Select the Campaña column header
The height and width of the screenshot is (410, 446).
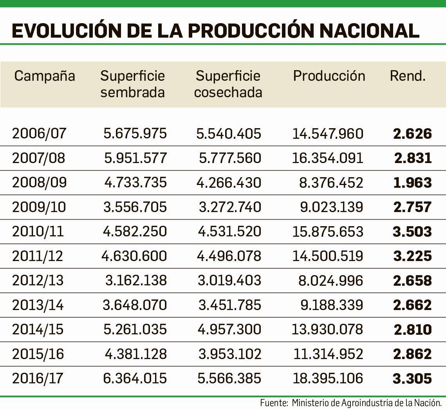coord(44,76)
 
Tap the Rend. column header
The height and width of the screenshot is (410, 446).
coord(407,76)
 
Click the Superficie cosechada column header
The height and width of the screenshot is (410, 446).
coord(228,84)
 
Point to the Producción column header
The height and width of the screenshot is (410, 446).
coord(329,76)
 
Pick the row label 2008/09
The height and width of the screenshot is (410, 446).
coord(39,183)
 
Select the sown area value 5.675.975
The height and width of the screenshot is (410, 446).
coord(135,134)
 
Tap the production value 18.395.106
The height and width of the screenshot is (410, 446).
coord(328,378)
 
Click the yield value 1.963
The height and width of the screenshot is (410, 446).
coord(412,183)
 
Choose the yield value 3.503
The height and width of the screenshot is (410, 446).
coord(412,232)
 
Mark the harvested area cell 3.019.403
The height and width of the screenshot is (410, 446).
coord(229,281)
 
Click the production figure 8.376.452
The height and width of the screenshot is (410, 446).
coord(332,183)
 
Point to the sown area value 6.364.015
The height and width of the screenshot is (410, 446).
coord(135,378)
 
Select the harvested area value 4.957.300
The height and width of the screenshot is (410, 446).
coord(229,329)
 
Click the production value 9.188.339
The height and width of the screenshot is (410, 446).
coord(332,305)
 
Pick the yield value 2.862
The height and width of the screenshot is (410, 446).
coord(412,354)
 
